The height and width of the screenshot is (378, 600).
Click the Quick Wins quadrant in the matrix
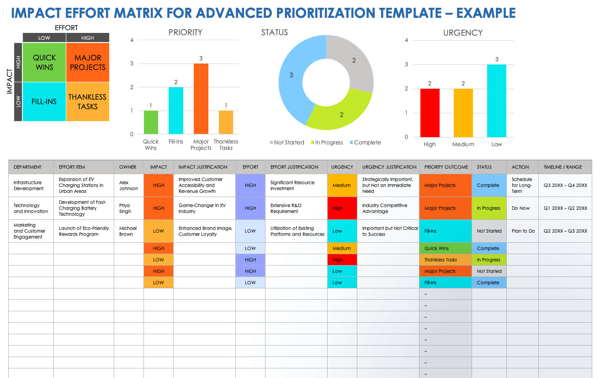(x=44, y=63)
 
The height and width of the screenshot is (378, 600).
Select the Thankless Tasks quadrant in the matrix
(x=87, y=101)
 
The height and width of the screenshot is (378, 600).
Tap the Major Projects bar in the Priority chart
(x=201, y=99)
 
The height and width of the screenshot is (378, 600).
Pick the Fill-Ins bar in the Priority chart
(x=176, y=111)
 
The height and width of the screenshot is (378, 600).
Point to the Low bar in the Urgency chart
(x=497, y=101)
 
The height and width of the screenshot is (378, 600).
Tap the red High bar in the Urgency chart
(x=430, y=112)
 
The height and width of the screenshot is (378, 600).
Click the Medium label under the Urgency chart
(x=463, y=144)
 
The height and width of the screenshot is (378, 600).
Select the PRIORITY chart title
(x=185, y=32)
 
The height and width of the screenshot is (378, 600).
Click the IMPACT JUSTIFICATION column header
(x=203, y=167)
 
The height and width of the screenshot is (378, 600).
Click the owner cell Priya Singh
(x=125, y=208)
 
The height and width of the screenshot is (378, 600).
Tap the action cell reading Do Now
(x=520, y=208)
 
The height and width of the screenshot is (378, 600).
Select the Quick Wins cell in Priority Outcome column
(x=445, y=249)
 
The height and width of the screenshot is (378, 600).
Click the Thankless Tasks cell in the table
(x=445, y=260)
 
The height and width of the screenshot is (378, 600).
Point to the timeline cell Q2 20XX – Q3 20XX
(x=565, y=231)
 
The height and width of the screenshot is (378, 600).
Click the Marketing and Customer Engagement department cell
(x=30, y=231)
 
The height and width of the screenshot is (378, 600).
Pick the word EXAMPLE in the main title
(x=486, y=13)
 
